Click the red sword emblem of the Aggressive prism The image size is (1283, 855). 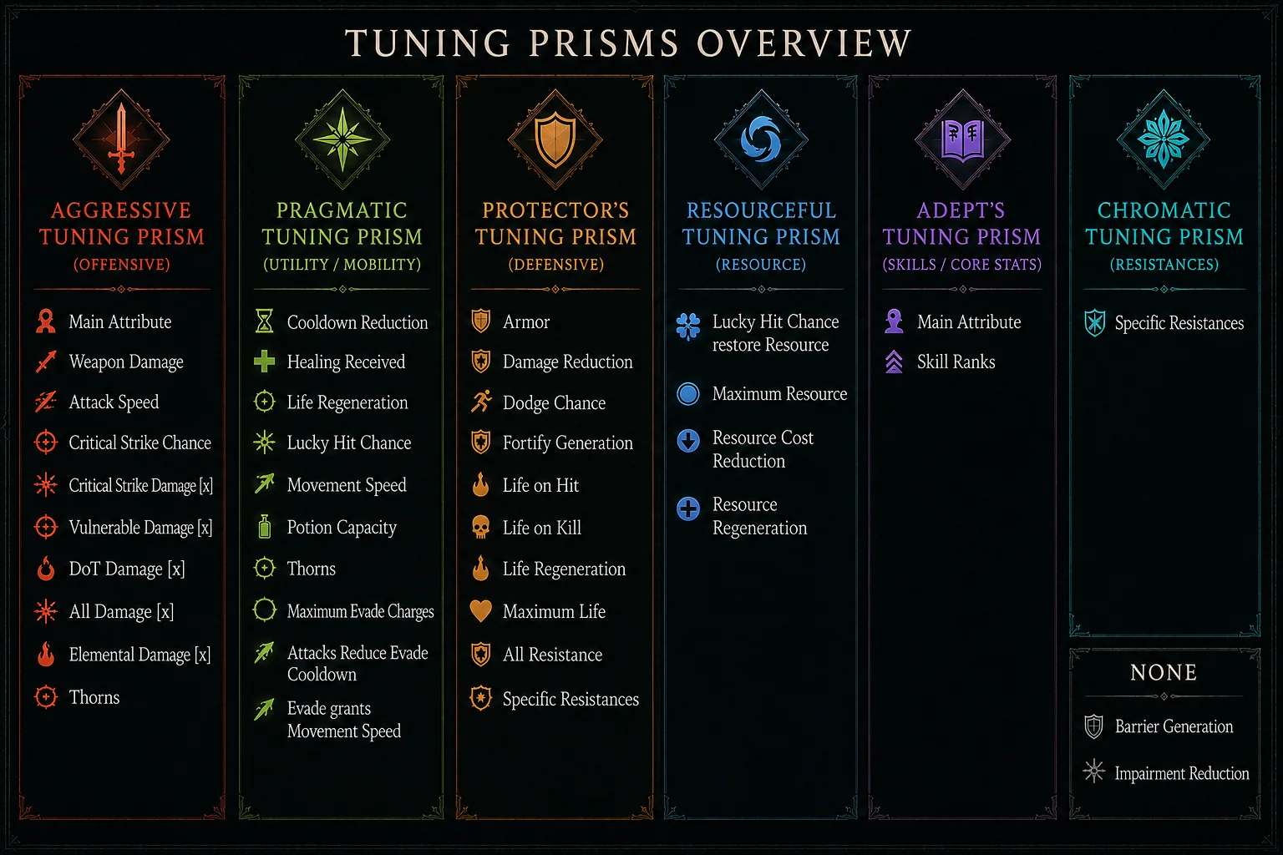point(121,139)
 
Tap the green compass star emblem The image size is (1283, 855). point(342,139)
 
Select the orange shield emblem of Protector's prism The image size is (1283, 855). point(555,139)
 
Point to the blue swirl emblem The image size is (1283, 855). point(761,139)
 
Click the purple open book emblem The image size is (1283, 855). point(963,139)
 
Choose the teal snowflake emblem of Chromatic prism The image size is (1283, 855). point(1164,139)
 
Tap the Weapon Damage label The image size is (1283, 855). point(126,362)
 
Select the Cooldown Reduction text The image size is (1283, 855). point(358,322)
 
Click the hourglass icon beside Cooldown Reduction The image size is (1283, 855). point(265,321)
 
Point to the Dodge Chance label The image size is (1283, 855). point(554,403)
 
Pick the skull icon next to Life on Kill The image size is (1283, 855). point(480,528)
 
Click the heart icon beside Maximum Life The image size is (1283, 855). point(480,611)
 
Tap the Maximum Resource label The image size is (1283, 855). point(779,394)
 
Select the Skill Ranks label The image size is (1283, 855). point(956,362)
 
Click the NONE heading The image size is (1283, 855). point(1164,672)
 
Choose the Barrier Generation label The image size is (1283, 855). point(1174,726)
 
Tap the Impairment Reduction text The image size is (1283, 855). point(1182,774)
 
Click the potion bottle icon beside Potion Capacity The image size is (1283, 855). point(265,527)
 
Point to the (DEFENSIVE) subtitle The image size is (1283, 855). point(556,265)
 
